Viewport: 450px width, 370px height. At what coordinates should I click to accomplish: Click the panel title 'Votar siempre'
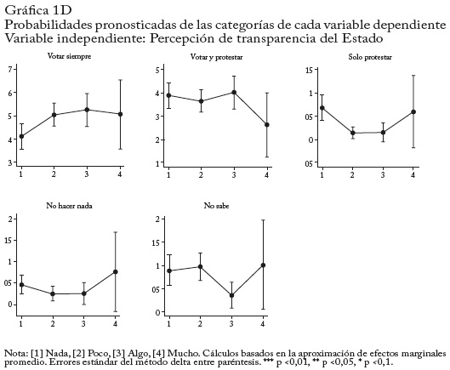click(x=69, y=56)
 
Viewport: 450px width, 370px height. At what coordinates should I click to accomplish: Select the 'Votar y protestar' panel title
click(x=216, y=57)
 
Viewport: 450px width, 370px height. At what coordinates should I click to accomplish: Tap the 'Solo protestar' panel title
click(x=370, y=57)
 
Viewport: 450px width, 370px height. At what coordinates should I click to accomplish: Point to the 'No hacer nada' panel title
click(x=69, y=206)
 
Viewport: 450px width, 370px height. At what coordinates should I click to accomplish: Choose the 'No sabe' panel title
click(x=216, y=206)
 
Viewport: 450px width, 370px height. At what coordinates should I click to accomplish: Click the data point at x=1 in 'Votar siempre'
click(x=21, y=136)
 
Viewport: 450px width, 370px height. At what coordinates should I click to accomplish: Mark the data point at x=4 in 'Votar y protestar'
click(x=267, y=125)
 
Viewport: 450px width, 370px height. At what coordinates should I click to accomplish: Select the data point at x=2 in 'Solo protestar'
click(x=353, y=133)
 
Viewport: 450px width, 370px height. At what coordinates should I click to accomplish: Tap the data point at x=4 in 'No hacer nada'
click(x=116, y=272)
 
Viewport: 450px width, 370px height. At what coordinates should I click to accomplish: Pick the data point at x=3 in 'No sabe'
click(x=231, y=295)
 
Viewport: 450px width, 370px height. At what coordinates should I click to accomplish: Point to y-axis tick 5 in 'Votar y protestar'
click(x=157, y=70)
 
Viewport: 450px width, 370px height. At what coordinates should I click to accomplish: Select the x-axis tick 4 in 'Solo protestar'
click(x=413, y=174)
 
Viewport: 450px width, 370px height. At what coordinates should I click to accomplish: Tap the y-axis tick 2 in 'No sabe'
click(x=157, y=219)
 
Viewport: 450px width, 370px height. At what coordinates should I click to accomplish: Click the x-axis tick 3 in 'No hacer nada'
click(x=83, y=324)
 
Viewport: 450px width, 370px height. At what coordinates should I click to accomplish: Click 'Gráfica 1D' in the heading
click(x=38, y=10)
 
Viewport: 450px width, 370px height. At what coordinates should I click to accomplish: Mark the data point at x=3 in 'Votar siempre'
click(x=87, y=110)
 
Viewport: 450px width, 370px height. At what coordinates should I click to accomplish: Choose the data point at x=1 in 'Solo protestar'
click(x=322, y=108)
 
